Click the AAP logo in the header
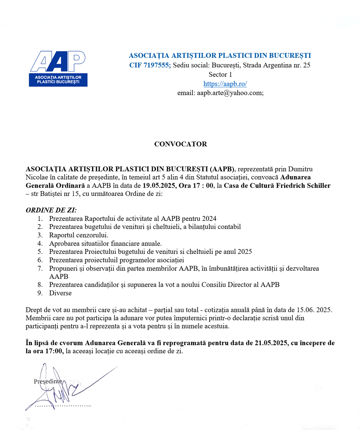point(58,69)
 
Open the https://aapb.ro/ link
point(225,84)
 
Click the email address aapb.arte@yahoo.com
point(230,93)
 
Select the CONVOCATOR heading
point(181,144)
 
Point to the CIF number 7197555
point(156,65)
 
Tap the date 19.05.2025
point(159,186)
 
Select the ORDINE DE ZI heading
point(51,210)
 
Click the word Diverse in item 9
point(60,293)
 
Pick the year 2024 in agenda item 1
point(209,219)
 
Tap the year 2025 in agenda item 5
point(244,252)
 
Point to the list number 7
point(40,268)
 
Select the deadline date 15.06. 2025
point(314,310)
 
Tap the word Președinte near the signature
point(48,381)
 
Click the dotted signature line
point(63,406)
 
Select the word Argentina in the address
point(278,65)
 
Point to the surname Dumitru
point(300,169)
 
